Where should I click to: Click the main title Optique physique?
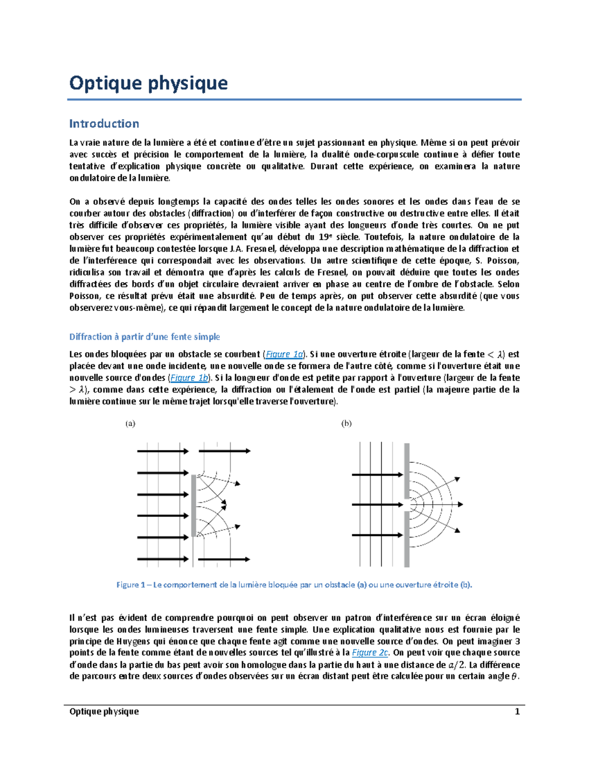point(148,83)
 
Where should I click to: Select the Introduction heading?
point(104,123)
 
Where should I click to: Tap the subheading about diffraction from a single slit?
point(144,337)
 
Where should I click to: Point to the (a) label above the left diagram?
point(130,424)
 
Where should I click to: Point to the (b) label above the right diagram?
point(347,424)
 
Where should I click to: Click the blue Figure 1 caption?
point(294,585)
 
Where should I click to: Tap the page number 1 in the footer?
point(517,711)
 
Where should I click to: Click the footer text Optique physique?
point(104,711)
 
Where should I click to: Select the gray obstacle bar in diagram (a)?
point(194,505)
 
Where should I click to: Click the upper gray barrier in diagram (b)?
point(407,471)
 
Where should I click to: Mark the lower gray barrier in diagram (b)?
point(407,539)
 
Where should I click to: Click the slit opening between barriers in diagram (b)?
point(407,505)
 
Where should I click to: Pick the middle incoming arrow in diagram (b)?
point(377,505)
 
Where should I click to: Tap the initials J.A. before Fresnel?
point(237,249)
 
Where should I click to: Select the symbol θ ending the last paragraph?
point(514,677)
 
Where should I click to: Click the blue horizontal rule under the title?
point(294,100)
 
